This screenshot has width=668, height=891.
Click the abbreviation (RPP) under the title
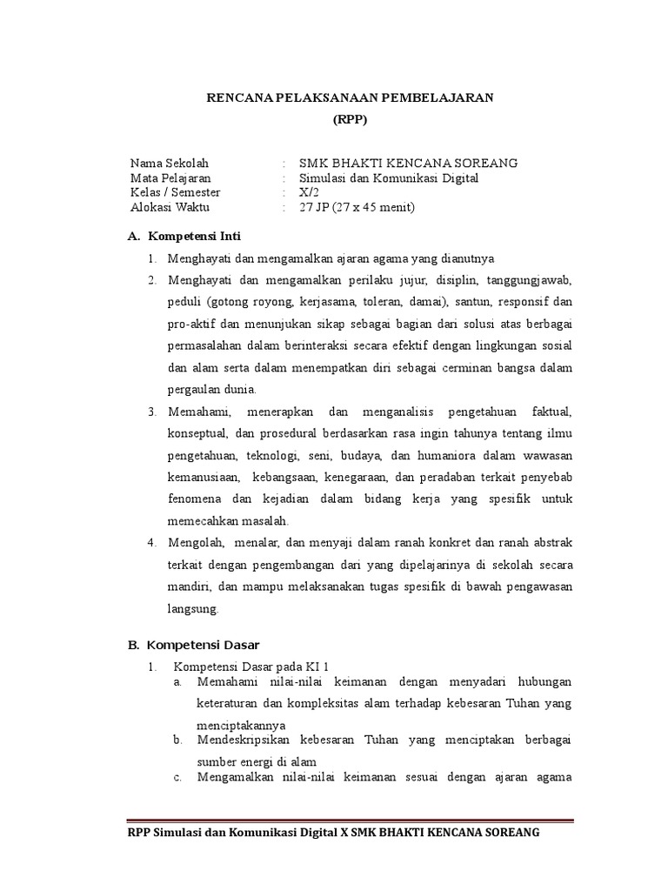[x=350, y=120]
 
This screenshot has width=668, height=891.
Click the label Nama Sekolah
[x=170, y=163]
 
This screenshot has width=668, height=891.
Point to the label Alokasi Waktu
[x=170, y=207]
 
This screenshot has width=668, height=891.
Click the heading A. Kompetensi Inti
[x=184, y=236]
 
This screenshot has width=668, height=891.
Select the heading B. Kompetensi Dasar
[x=193, y=645]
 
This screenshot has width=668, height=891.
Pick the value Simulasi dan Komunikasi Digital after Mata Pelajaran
[x=389, y=178]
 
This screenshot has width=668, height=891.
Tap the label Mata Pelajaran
[x=170, y=178]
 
